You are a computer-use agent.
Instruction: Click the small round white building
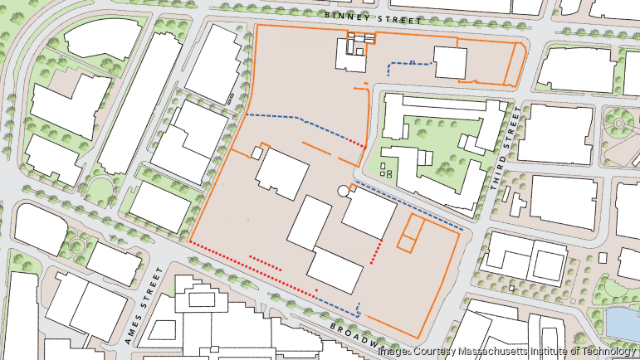click(344, 192)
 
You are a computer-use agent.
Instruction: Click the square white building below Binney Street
click(449, 63)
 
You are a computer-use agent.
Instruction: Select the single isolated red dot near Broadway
click(316, 290)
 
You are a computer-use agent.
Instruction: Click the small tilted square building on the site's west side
click(256, 152)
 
